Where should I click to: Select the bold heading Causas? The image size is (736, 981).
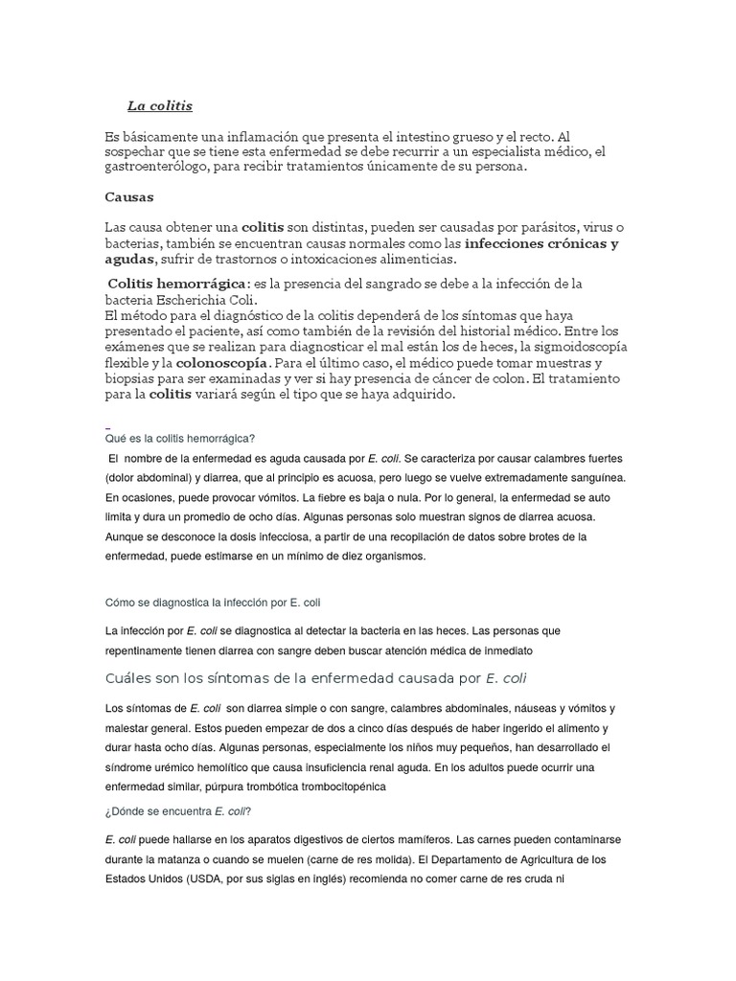point(129,196)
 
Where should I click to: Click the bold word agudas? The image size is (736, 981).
point(128,259)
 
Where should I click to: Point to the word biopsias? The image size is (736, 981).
point(133,379)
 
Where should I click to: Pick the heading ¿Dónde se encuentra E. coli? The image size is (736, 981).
point(178,811)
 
